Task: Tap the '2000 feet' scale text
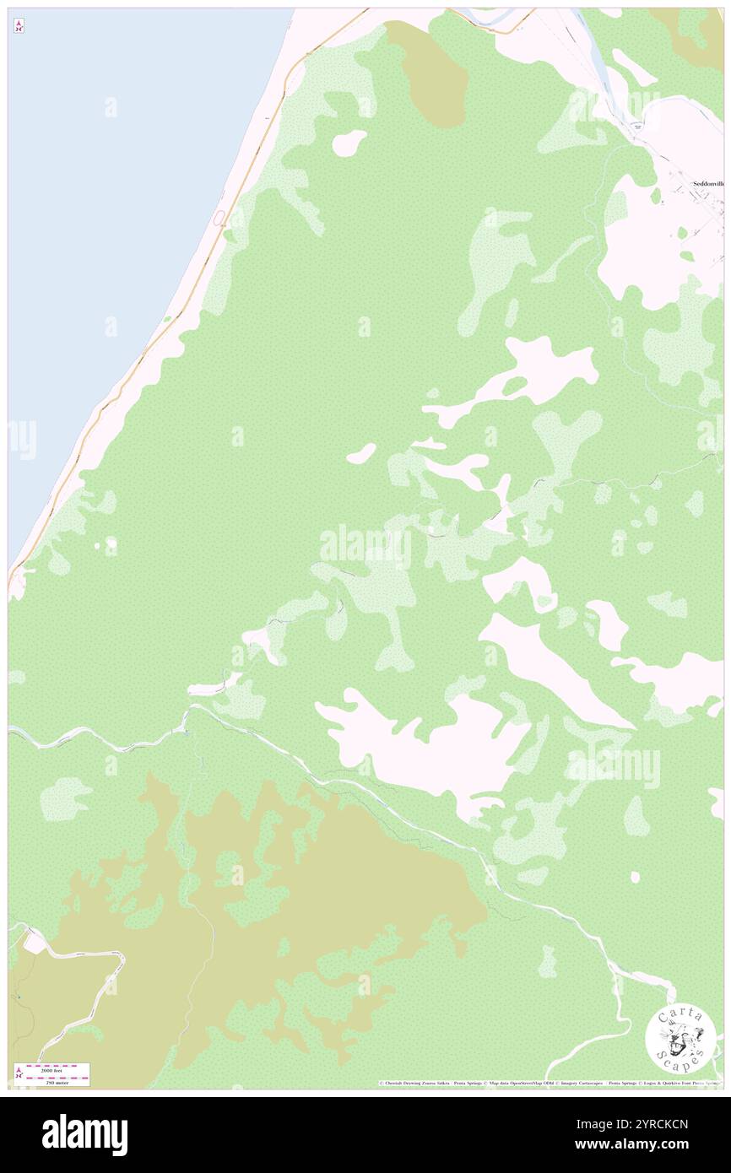click(57, 1068)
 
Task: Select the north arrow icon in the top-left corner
click(19, 26)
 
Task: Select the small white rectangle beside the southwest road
click(31, 942)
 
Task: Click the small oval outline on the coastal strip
click(219, 219)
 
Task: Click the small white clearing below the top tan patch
click(349, 143)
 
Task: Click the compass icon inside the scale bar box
click(19, 1073)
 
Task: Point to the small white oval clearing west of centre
click(360, 454)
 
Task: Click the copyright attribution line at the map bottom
click(549, 1083)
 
